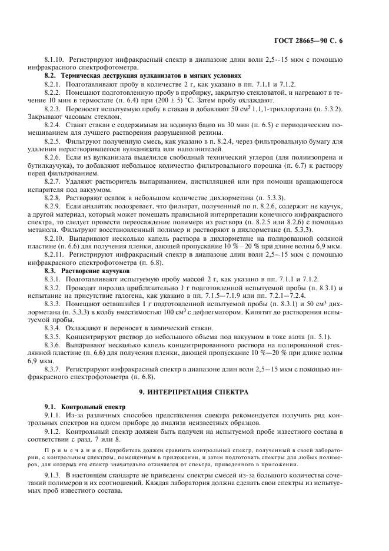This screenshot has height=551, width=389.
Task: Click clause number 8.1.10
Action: coord(55,61)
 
